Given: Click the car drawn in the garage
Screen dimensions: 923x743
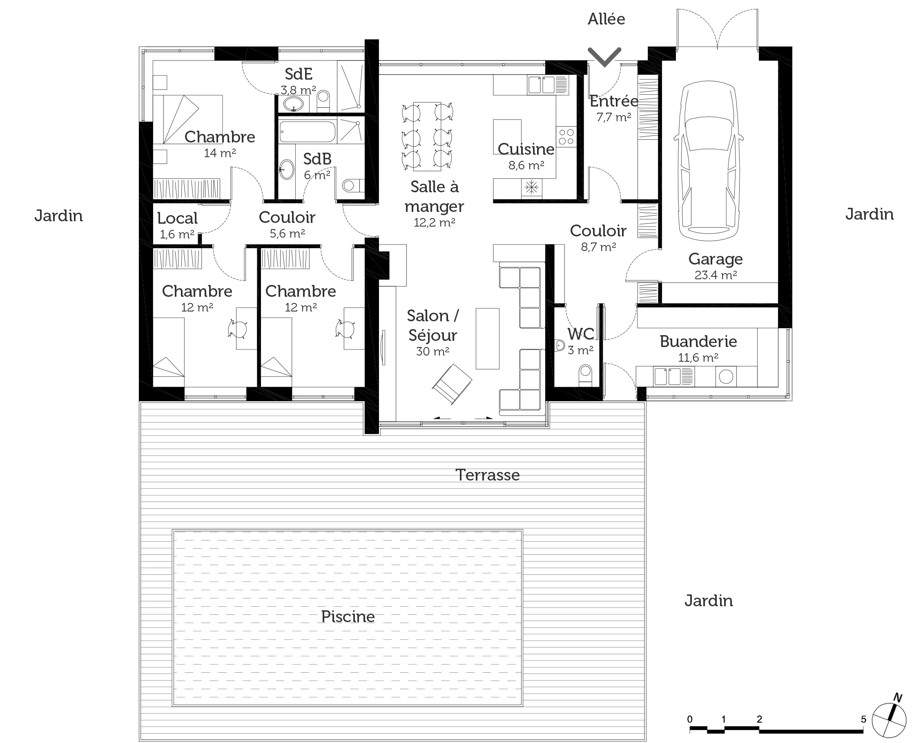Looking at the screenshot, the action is coord(709,161).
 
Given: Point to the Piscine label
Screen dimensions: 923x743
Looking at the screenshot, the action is coord(348,617).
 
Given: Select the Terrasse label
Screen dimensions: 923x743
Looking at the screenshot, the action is coord(487,475).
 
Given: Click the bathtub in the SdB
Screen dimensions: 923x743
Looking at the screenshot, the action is coord(307,131).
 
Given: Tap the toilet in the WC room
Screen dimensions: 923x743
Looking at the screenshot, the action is coord(585,375).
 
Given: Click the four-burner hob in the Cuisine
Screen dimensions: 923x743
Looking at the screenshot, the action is coord(566,137).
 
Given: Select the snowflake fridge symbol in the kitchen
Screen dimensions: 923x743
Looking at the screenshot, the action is coord(531,187).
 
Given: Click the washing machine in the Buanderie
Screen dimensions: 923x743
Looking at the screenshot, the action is coord(726,377).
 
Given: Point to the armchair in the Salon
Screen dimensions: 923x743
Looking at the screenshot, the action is coord(452,383).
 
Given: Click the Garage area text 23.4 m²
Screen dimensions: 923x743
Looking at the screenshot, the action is coord(716,275).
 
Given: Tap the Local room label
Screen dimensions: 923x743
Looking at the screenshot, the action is coord(177,218).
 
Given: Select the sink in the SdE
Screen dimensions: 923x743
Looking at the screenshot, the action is coord(294,103).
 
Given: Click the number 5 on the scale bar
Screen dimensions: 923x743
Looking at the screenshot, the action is coord(863,719).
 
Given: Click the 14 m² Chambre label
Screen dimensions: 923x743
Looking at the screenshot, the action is coord(220,153).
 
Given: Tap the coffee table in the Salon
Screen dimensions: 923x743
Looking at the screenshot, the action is coord(488,338).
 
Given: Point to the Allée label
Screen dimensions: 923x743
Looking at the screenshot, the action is coord(606,19).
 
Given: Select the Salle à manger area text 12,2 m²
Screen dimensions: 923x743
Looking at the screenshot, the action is coord(434,222).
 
